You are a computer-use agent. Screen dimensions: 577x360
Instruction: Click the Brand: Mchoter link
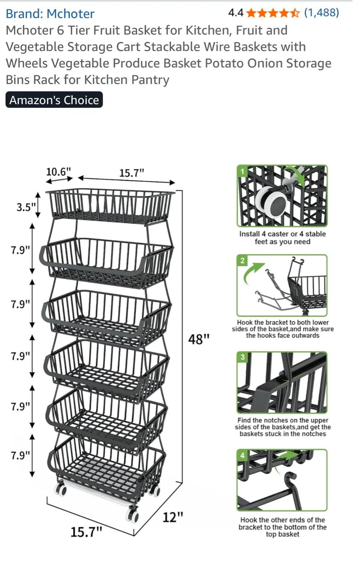click(50, 14)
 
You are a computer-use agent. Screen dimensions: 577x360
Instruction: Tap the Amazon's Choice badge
click(54, 100)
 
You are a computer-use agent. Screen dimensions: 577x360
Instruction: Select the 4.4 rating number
click(235, 13)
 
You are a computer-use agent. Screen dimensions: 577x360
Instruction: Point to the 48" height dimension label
click(199, 339)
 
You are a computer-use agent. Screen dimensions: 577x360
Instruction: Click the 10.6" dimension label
click(58, 172)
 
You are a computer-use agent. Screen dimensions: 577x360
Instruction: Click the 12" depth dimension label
click(173, 517)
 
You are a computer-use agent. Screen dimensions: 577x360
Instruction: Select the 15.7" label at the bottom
click(86, 532)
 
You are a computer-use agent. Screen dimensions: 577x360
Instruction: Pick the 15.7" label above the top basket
click(131, 173)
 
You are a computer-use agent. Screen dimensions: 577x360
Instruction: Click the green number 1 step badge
click(242, 171)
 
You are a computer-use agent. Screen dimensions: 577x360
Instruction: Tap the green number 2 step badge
click(242, 260)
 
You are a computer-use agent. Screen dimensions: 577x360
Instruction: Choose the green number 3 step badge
click(242, 357)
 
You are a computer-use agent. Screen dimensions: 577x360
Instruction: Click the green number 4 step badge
click(242, 455)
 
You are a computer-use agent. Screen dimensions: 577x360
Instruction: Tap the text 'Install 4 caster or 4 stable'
click(282, 234)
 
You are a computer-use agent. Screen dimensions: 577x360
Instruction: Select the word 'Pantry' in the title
click(150, 80)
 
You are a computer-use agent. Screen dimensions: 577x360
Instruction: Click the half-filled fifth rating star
click(295, 13)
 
